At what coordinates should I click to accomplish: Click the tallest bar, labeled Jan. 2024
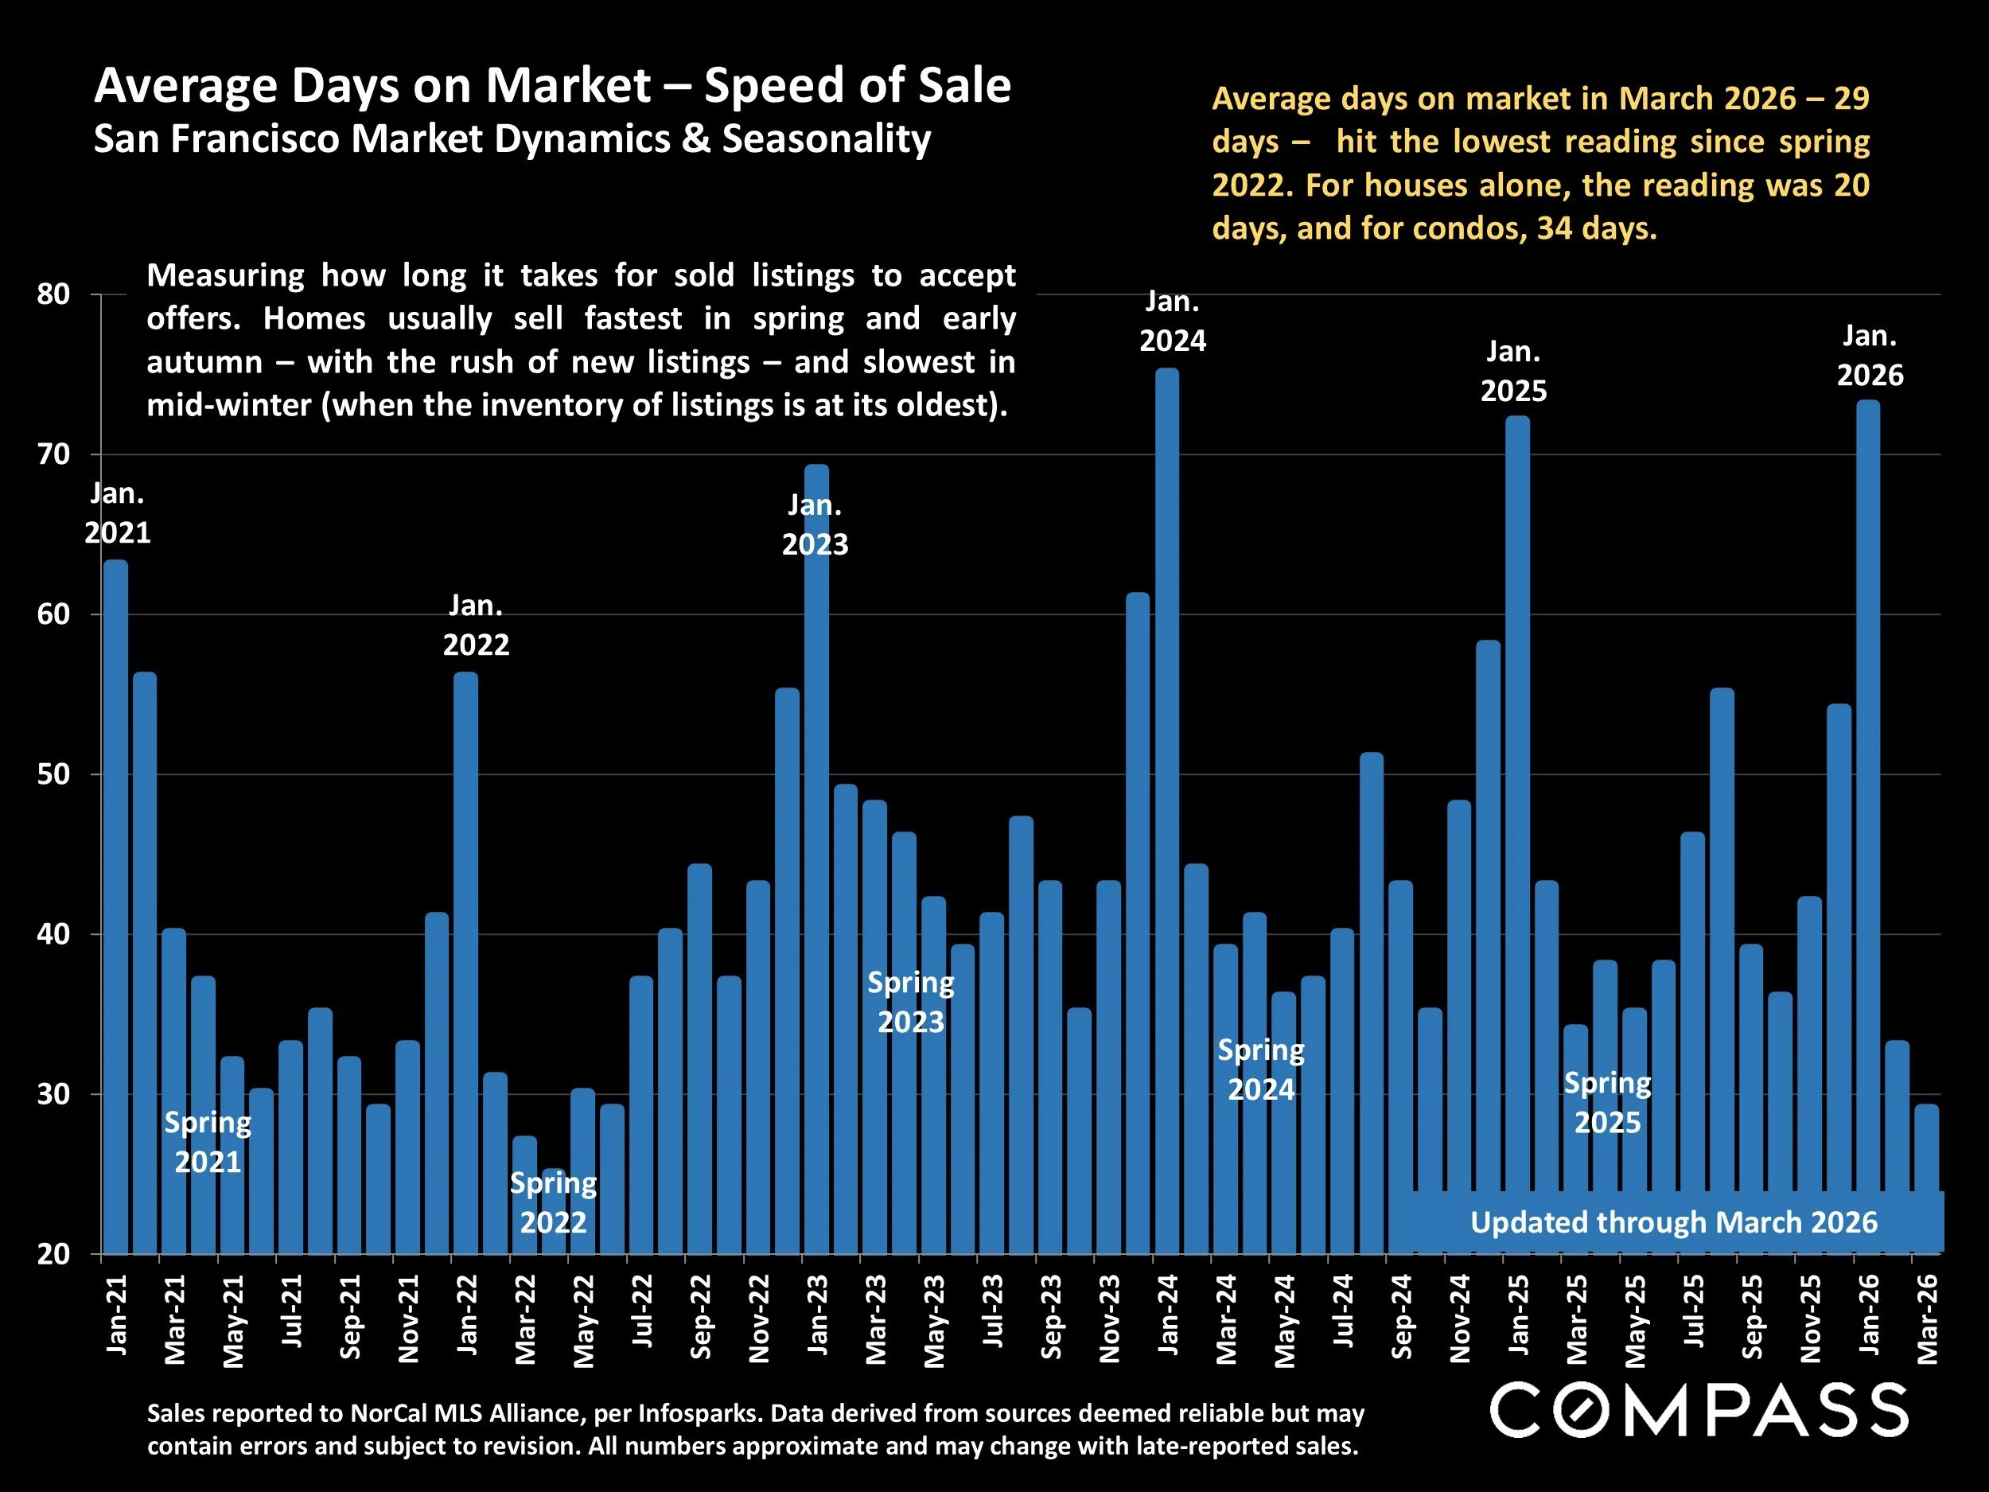[1166, 809]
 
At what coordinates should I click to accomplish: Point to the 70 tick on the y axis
[53, 454]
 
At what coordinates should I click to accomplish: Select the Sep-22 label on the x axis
[699, 1317]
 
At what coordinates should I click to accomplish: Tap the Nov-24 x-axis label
[1459, 1318]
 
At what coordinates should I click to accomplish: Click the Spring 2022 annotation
[553, 1202]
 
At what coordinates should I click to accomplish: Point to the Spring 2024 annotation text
[1261, 1069]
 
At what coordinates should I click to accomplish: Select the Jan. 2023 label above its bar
[815, 524]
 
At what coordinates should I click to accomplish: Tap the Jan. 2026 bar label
[1870, 355]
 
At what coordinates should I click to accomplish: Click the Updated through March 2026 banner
[1672, 1222]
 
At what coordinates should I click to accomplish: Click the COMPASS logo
[1699, 1410]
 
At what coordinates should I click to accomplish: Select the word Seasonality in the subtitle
[827, 139]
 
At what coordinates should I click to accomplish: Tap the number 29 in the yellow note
[1851, 98]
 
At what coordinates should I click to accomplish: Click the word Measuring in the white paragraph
[225, 275]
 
